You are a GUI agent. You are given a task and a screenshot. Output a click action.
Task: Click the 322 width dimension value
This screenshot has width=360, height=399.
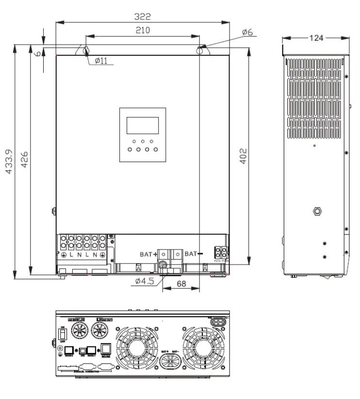[142, 16]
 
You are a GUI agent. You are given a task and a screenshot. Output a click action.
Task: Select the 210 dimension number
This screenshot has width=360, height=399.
[142, 30]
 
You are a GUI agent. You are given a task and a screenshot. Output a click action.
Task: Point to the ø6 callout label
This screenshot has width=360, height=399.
[247, 32]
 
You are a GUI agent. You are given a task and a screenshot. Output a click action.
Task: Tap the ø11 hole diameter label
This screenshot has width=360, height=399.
[101, 61]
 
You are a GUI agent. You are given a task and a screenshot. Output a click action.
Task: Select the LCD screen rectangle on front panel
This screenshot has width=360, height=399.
[142, 125]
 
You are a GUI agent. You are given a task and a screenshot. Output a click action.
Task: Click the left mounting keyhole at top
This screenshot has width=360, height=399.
[86, 50]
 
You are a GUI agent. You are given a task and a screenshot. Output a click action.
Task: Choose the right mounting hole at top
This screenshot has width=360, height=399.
[200, 50]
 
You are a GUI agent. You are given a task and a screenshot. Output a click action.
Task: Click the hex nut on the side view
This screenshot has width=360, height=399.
[317, 211]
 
